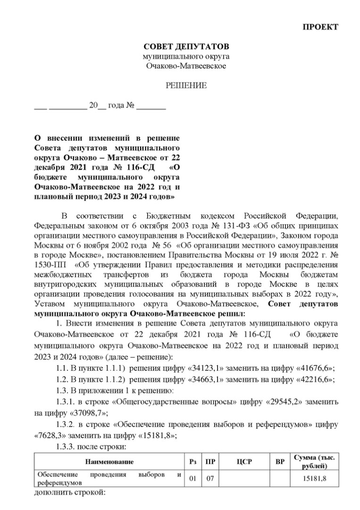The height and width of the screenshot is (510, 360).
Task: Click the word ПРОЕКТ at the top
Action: pos(320,26)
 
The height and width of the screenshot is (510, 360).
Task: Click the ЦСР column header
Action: pos(243,461)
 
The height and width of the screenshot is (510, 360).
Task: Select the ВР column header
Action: pos(279,461)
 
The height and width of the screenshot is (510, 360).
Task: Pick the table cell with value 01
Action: pos(193,479)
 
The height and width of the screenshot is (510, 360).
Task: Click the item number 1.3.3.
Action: pos(66,446)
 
